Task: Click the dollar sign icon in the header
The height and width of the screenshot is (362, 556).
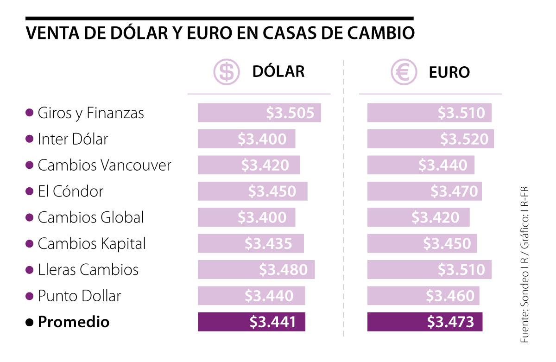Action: pyautogui.click(x=226, y=72)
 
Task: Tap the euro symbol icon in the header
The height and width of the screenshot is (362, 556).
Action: pyautogui.click(x=404, y=72)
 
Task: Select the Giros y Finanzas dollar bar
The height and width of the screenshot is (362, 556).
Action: pyautogui.click(x=259, y=113)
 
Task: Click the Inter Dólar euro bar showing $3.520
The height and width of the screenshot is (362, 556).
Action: pyautogui.click(x=430, y=139)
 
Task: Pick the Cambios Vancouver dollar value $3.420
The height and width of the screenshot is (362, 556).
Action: pyautogui.click(x=265, y=165)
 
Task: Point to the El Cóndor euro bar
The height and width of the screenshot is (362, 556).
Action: pyautogui.click(x=424, y=191)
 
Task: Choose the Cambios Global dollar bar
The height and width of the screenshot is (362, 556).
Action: pyautogui.click(x=246, y=217)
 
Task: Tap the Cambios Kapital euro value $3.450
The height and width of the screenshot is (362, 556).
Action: pyautogui.click(x=447, y=243)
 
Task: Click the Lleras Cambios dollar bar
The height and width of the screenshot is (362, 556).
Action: pyautogui.click(x=256, y=270)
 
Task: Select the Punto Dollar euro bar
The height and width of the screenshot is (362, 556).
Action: pyautogui.click(x=423, y=296)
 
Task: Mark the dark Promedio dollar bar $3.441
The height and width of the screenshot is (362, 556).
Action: pyautogui.click(x=252, y=322)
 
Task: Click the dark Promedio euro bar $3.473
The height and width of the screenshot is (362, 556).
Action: pyautogui.click(x=424, y=322)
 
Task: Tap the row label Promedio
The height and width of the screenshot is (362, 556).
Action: pyautogui.click(x=74, y=322)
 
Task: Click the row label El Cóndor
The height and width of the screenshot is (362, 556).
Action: pyautogui.click(x=70, y=191)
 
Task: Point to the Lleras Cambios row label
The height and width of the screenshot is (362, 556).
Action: pyautogui.click(x=88, y=270)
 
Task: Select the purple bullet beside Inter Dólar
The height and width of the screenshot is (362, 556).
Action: pyautogui.click(x=30, y=139)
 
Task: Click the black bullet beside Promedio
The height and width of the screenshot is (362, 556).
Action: pyautogui.click(x=30, y=322)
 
